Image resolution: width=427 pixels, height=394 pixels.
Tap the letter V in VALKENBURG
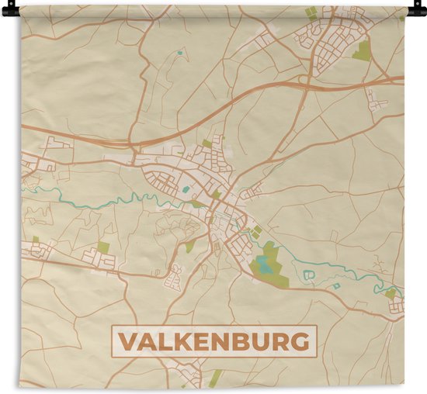(126, 341)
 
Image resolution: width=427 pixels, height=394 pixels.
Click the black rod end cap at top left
(9, 11)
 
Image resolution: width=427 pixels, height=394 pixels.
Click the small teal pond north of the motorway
(179, 53)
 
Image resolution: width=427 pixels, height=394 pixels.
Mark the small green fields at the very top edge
(311, 13)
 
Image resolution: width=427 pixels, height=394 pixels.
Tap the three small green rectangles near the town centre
(255, 231)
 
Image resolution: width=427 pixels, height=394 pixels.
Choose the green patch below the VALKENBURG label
(215, 378)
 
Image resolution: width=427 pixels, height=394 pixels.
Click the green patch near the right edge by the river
(391, 293)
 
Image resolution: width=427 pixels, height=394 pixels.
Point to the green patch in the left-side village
(103, 247)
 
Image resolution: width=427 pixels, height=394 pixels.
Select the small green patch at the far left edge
(35, 240)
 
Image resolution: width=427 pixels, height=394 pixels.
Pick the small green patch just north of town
(207, 143)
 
